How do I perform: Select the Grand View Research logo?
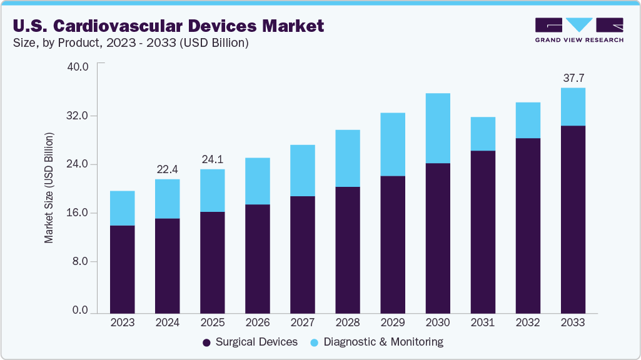tap(578, 30)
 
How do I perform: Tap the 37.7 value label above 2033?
tap(573, 78)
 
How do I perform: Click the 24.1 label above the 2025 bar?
tap(212, 159)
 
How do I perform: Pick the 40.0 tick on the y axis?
tap(78, 67)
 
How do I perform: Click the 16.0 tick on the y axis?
tap(78, 213)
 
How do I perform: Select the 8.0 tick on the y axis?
tap(81, 262)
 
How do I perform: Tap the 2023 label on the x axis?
tap(122, 322)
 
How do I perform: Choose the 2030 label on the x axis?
tap(438, 322)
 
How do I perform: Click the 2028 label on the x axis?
tap(348, 322)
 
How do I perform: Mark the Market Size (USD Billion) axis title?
tap(49, 188)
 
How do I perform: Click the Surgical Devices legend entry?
tap(250, 342)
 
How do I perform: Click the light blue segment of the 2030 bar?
tap(438, 128)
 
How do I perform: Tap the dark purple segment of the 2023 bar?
tap(122, 269)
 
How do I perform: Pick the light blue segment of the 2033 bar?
tap(573, 107)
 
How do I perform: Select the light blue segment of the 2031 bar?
tap(483, 134)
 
